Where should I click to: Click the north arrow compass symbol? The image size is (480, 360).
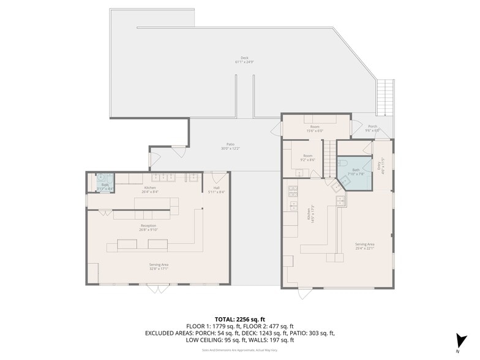tap(458, 341)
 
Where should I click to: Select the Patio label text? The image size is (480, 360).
tap(230, 146)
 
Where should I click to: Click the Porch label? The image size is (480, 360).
tap(372, 129)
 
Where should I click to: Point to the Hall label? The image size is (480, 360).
tap(217, 190)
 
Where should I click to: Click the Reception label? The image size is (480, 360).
tap(148, 228)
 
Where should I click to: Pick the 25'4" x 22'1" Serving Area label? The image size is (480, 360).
tap(364, 246)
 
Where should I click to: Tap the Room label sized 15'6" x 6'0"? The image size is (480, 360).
tap(315, 129)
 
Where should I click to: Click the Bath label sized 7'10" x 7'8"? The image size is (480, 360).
tap(356, 171)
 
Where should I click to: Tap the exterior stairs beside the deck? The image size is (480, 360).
tap(385, 99)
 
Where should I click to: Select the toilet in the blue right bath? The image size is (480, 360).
tap(343, 163)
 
